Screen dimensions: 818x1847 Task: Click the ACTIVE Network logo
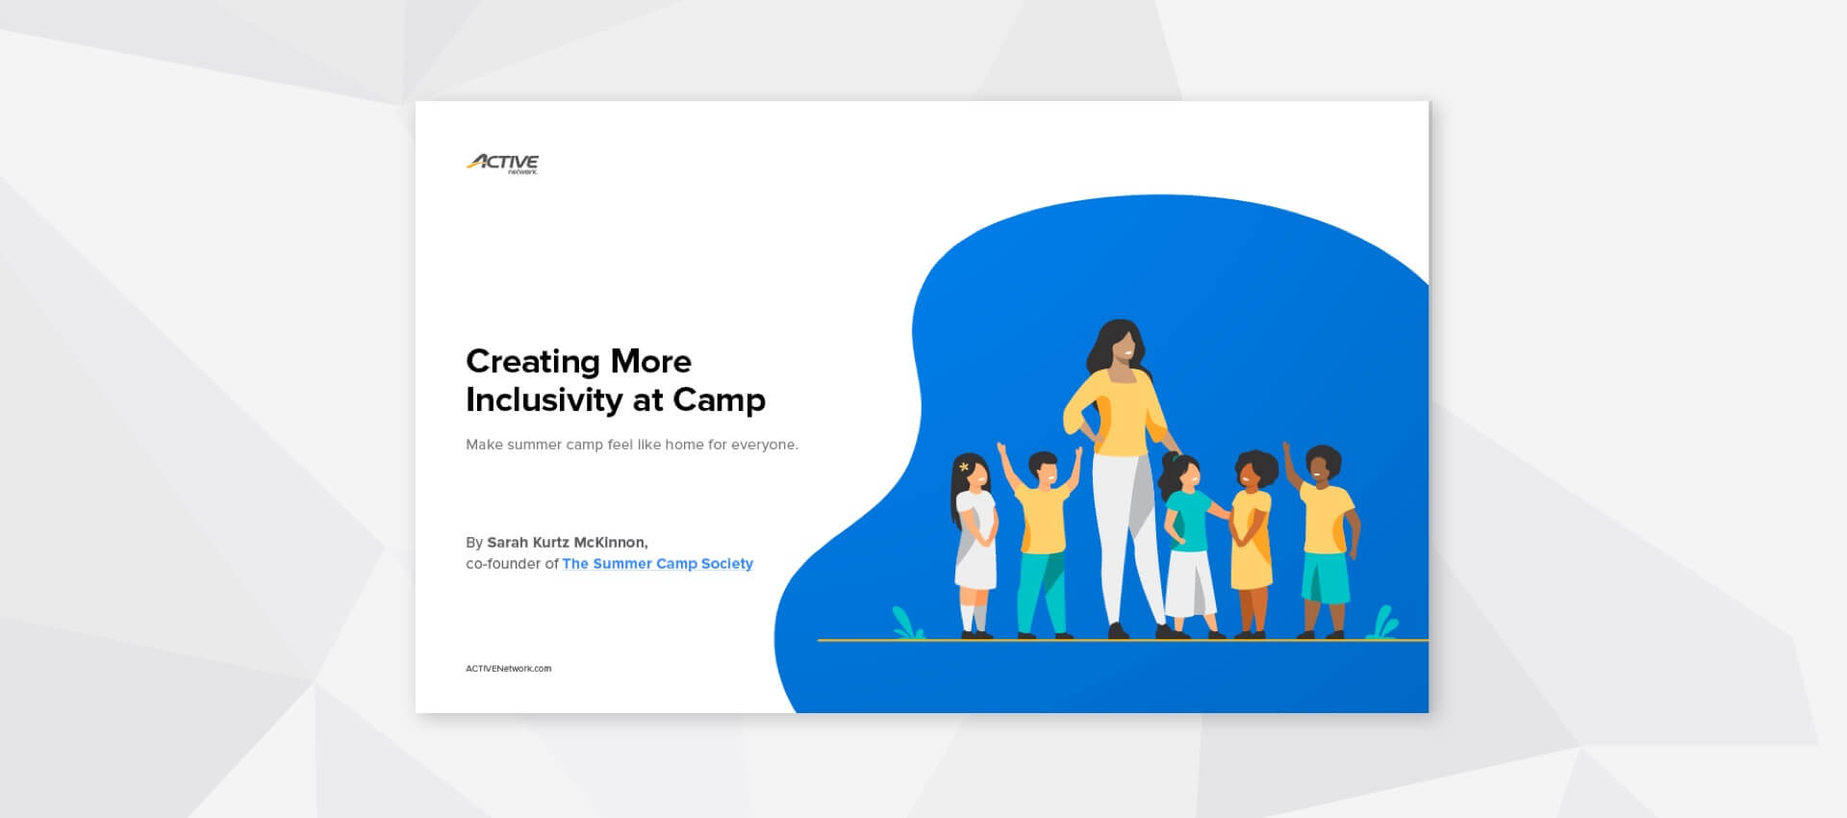[502, 164]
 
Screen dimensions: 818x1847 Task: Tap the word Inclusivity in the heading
[544, 399]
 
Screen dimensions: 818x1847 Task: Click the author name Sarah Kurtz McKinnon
[567, 543]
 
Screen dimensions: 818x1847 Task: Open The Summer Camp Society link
[657, 564]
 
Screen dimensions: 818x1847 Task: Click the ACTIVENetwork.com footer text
[508, 669]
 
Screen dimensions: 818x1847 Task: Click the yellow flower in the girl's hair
[964, 468]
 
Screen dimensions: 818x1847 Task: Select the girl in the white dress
[974, 539]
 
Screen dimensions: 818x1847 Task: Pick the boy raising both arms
[1042, 529]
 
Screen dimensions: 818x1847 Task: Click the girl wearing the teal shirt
[1189, 539]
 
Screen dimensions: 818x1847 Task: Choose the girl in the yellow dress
[1252, 539]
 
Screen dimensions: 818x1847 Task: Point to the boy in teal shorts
[1325, 539]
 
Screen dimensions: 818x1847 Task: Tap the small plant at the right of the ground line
[1383, 623]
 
